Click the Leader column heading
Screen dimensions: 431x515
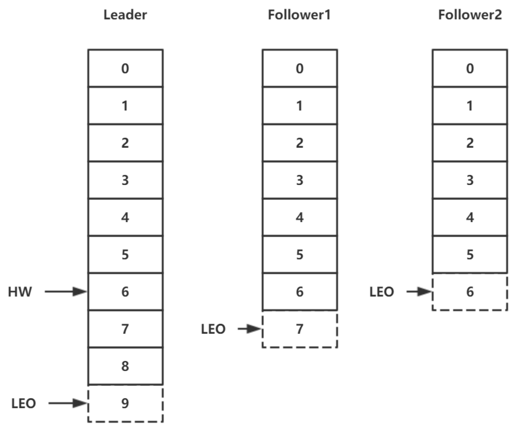pos(125,15)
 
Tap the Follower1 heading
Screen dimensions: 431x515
pos(299,15)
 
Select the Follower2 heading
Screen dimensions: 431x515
pos(470,15)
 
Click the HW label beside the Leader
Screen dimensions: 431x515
pos(20,292)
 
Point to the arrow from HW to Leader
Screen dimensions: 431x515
pos(66,292)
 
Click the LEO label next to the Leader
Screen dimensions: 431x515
pos(24,404)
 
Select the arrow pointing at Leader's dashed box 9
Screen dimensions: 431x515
pos(68,403)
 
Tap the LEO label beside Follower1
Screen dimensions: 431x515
pos(213,329)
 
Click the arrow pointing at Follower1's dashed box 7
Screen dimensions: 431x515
pos(250,329)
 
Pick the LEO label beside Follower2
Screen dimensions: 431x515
pos(382,292)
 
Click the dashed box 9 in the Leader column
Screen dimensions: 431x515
pos(125,404)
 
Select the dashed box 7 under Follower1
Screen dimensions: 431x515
pos(300,329)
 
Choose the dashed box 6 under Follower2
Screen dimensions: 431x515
pos(470,292)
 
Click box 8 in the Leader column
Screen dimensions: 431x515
pos(125,366)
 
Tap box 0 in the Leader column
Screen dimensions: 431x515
pos(125,68)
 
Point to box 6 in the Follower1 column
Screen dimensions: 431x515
pos(300,292)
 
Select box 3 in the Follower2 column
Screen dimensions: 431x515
pos(470,180)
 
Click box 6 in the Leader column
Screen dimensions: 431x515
pos(125,292)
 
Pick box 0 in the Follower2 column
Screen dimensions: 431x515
pos(470,68)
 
